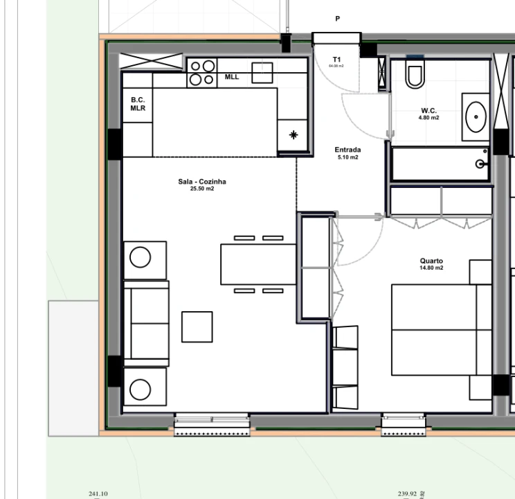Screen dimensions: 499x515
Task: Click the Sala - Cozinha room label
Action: (x=202, y=182)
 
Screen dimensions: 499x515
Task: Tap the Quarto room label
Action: (x=431, y=261)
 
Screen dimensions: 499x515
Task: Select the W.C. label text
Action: (x=428, y=111)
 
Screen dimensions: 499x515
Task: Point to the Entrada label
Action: (x=347, y=150)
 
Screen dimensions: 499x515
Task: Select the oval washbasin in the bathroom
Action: (x=476, y=117)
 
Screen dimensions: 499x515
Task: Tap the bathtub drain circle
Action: (x=480, y=164)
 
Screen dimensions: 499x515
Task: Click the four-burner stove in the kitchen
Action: (x=202, y=73)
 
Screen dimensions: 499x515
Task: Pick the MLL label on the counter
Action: (x=231, y=77)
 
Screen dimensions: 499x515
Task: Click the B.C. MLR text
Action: (x=138, y=104)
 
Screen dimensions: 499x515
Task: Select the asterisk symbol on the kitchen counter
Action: (x=293, y=135)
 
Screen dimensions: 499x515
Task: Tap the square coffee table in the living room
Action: (x=197, y=326)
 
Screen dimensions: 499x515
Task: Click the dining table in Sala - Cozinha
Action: (x=258, y=264)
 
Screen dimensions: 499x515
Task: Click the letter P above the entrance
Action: (x=337, y=19)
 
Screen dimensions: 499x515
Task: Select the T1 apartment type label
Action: (x=336, y=59)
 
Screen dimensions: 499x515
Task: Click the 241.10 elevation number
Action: (x=98, y=493)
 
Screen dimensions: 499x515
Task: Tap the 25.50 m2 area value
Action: (x=202, y=189)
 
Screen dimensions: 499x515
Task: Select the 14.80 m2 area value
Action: (x=431, y=268)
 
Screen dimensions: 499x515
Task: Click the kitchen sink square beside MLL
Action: (x=262, y=72)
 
